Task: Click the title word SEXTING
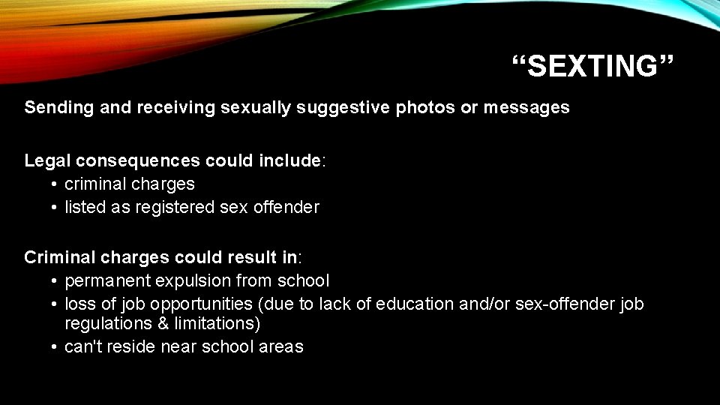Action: [x=594, y=66]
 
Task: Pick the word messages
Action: [x=526, y=108]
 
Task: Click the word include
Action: [x=289, y=160]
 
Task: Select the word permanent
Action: [x=109, y=281]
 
